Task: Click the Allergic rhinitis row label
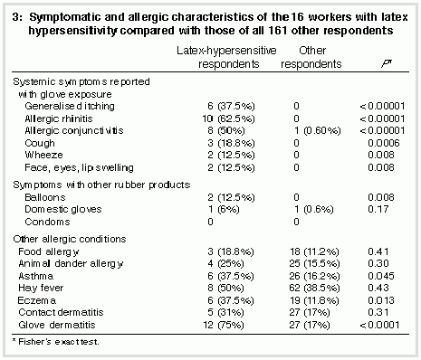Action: tap(59, 118)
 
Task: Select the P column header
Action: tap(386, 64)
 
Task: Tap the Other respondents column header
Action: tap(311, 57)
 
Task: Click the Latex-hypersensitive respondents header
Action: tap(226, 57)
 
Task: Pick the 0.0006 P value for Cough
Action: tap(383, 143)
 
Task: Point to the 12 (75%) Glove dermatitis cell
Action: tap(223, 325)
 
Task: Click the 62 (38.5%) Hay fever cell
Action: tap(314, 288)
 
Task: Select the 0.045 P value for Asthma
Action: tap(381, 276)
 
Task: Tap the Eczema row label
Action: tap(37, 300)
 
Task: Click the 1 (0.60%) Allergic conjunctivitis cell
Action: tap(318, 130)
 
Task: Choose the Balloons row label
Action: tap(45, 197)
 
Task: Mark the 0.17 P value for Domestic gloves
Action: tap(378, 209)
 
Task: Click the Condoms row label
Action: tap(47, 222)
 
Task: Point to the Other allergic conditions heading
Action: tap(70, 239)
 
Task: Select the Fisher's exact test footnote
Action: tap(55, 342)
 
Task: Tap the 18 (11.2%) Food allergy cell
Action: tap(314, 251)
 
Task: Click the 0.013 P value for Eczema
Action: tap(381, 300)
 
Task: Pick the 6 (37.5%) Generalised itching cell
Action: tap(231, 106)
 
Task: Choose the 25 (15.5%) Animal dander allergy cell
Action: tap(314, 263)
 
